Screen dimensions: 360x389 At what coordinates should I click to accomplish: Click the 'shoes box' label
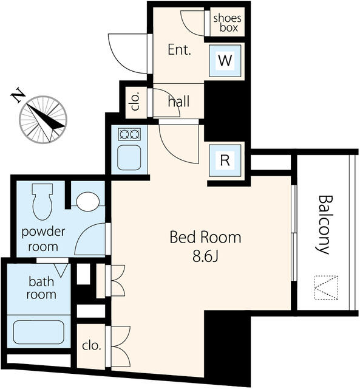pyautogui.click(x=227, y=23)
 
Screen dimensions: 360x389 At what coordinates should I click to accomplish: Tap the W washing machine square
pyautogui.click(x=225, y=61)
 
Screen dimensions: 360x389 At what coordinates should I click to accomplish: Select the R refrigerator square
pyautogui.click(x=225, y=160)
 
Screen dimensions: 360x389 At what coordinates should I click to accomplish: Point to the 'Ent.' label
pyautogui.click(x=179, y=50)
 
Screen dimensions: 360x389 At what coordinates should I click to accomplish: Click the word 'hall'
pyautogui.click(x=178, y=102)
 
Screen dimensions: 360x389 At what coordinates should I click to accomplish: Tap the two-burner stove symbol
pyautogui.click(x=129, y=134)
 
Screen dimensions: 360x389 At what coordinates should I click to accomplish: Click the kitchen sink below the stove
pyautogui.click(x=129, y=157)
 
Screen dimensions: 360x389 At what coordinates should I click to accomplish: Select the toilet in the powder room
pyautogui.click(x=42, y=202)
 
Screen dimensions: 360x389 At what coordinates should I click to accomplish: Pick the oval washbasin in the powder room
pyautogui.click(x=88, y=202)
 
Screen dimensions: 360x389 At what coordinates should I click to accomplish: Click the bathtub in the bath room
pyautogui.click(x=39, y=332)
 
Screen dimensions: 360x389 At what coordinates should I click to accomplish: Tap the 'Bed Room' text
pyautogui.click(x=205, y=237)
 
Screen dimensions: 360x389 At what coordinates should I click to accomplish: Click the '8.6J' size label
pyautogui.click(x=205, y=256)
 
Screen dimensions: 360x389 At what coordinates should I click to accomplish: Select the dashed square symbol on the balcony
pyautogui.click(x=326, y=287)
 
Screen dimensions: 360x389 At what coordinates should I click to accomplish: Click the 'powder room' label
pyautogui.click(x=43, y=239)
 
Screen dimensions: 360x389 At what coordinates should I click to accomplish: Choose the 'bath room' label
pyautogui.click(x=41, y=287)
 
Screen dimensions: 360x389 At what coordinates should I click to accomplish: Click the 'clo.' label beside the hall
pyautogui.click(x=136, y=102)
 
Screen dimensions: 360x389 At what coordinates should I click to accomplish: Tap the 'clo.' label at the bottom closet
pyautogui.click(x=92, y=345)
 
